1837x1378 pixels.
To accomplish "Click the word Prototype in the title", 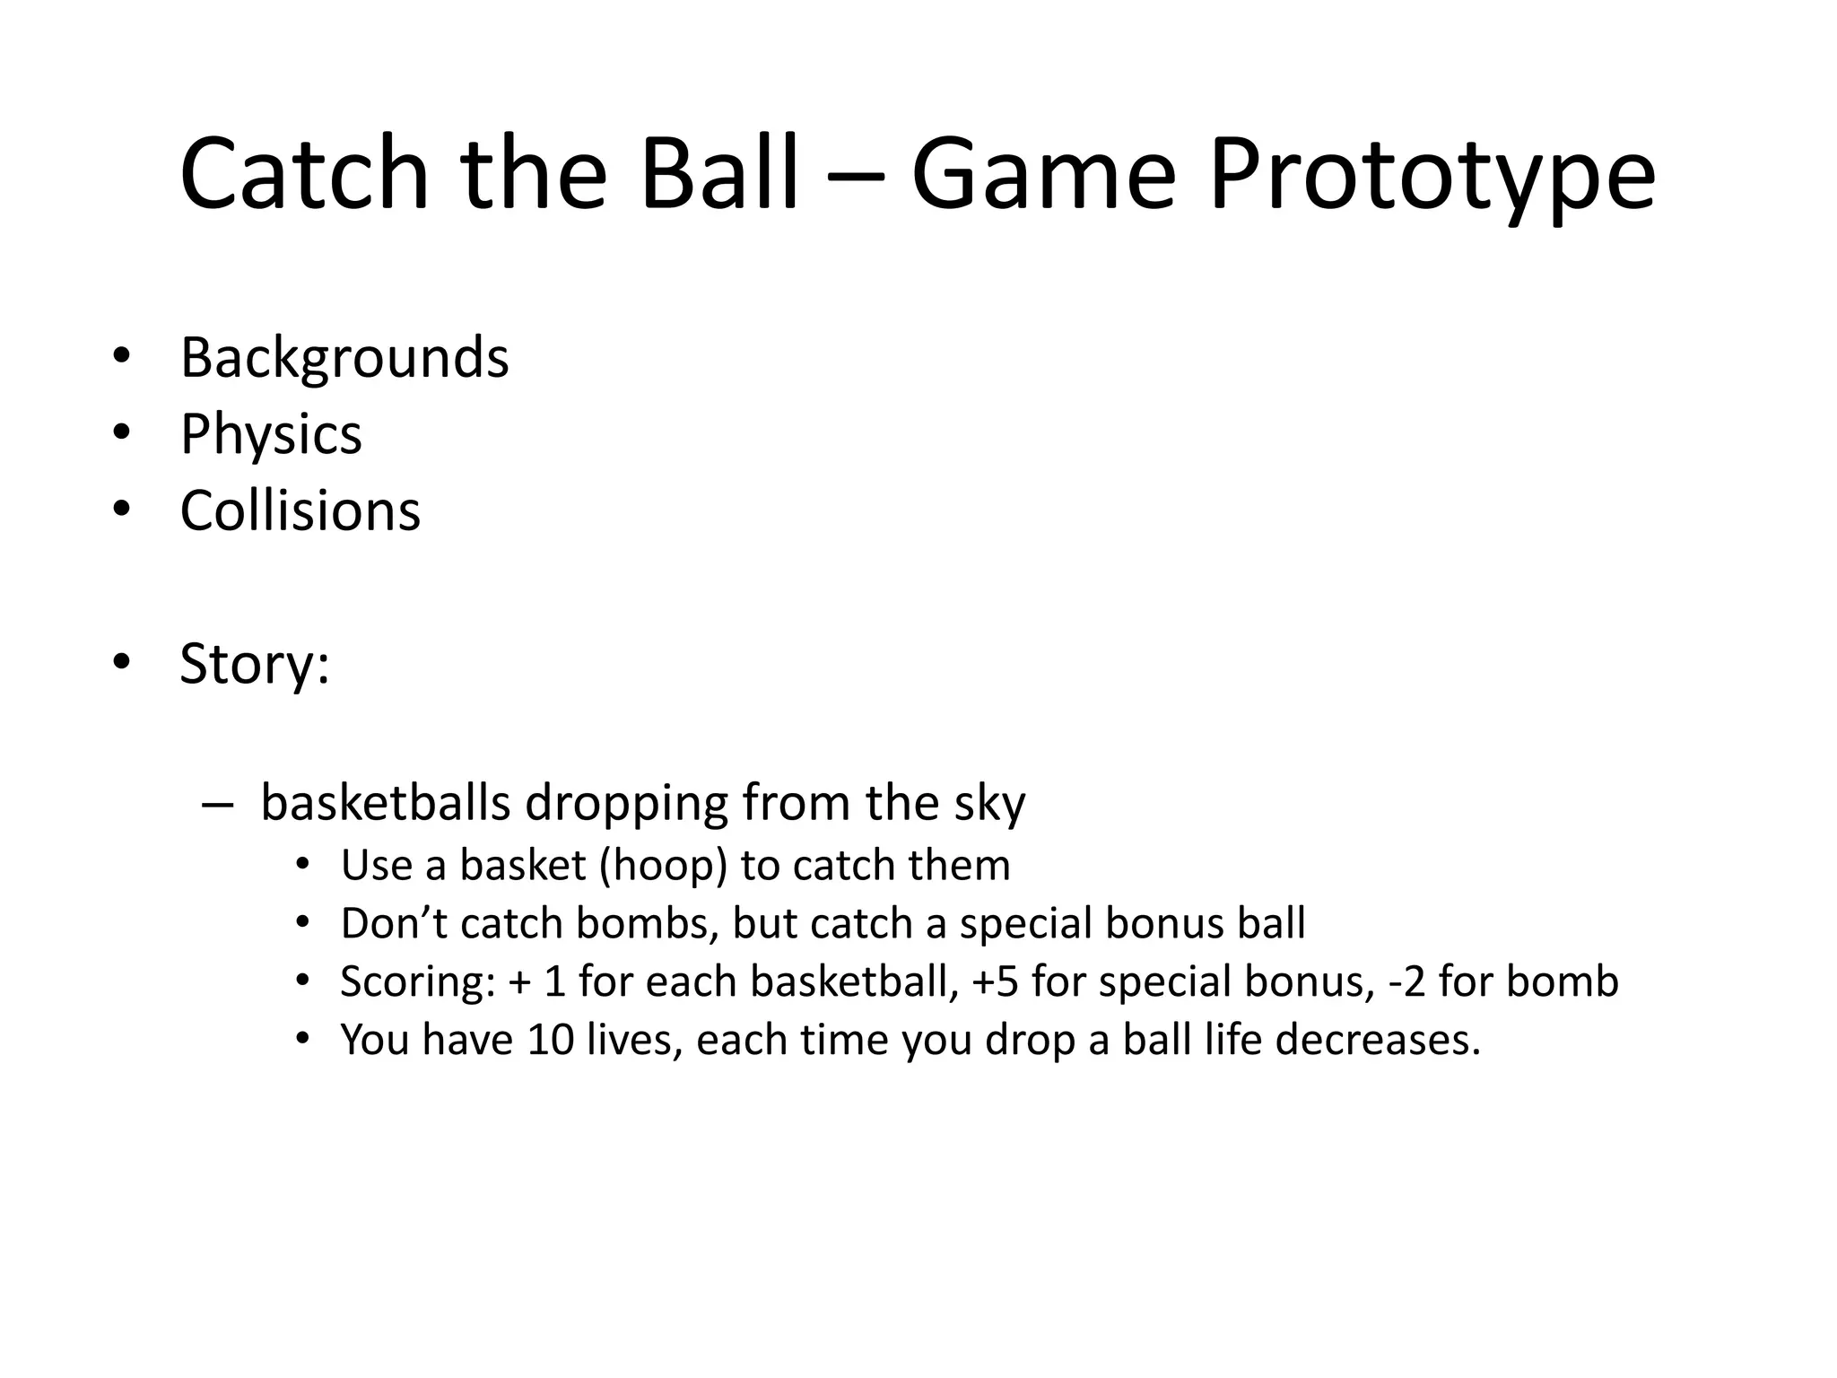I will point(1432,175).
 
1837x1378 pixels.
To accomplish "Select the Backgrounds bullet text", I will point(344,358).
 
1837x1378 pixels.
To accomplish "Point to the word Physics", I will point(271,434).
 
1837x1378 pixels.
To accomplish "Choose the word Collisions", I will point(300,510).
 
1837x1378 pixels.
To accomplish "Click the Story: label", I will point(255,664).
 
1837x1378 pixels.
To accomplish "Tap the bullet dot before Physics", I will point(122,433).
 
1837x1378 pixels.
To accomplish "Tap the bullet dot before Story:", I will point(122,663).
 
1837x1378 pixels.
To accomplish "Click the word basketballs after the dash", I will point(386,803).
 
